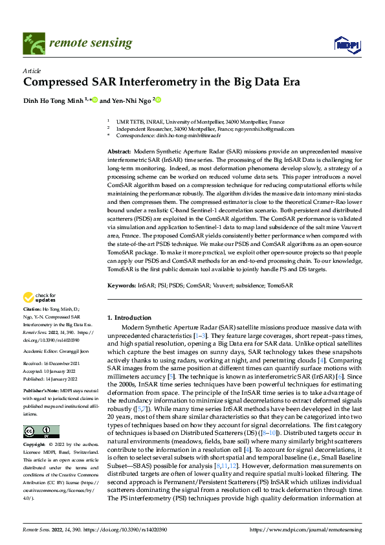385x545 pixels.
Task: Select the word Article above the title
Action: [32, 71]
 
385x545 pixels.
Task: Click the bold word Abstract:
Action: [120, 150]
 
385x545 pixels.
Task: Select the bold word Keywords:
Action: [122, 285]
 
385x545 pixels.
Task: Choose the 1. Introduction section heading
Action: [129, 318]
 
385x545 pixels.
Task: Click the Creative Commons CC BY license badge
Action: [41, 432]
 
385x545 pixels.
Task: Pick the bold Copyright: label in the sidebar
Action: [34, 446]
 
